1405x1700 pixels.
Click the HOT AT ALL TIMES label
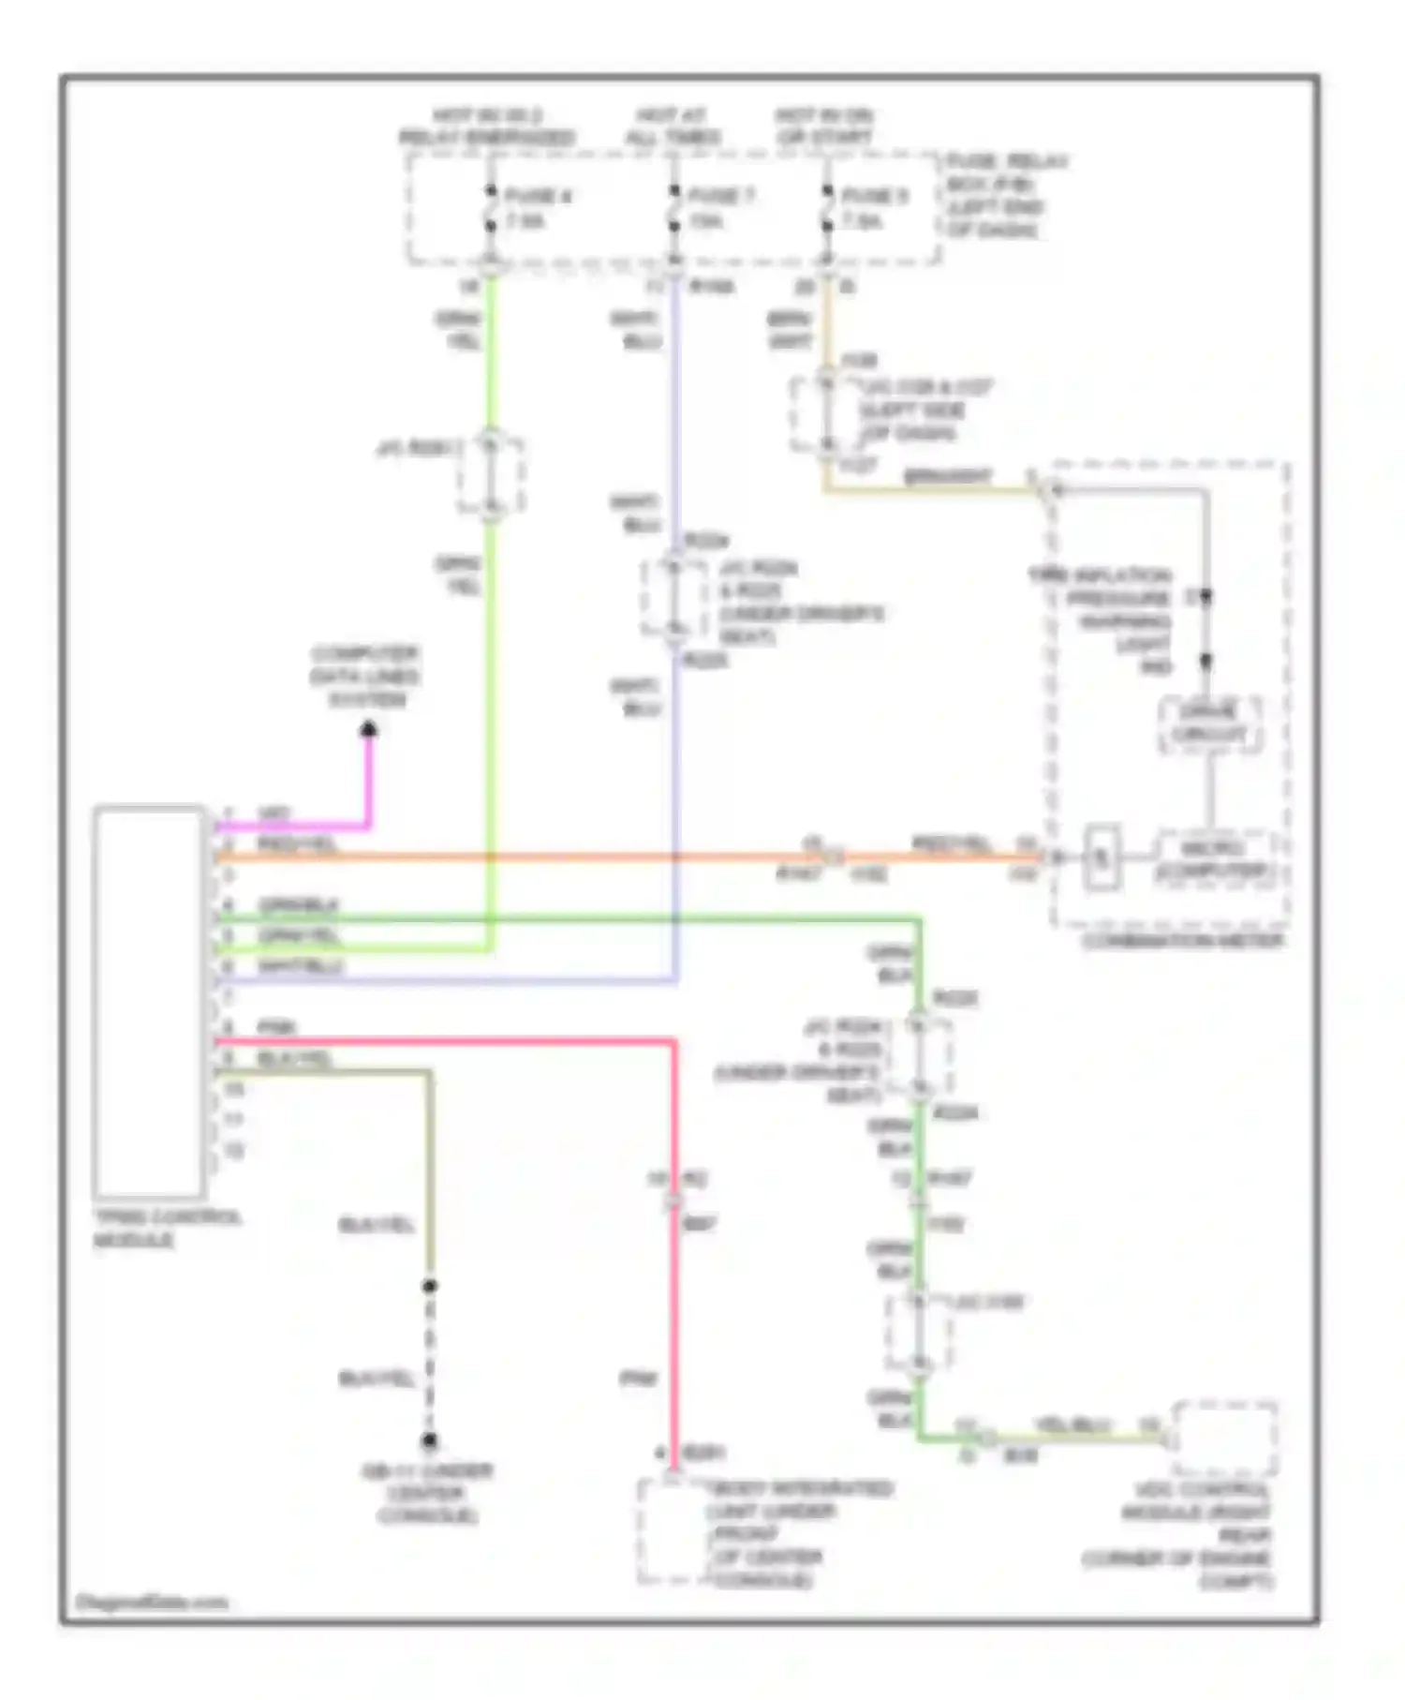(673, 127)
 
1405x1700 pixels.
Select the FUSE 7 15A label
(719, 208)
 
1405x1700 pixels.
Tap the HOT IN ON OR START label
(824, 127)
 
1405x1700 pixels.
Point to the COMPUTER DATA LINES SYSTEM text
(364, 677)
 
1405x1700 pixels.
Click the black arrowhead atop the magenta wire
(369, 729)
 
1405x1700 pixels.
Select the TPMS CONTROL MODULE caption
(166, 1228)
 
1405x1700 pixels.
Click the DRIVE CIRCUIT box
(1209, 723)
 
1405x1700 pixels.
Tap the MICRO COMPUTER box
(1213, 860)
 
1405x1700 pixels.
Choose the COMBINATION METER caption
(1183, 941)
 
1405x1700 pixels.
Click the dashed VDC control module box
(1225, 1438)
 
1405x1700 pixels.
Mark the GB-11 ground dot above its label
(429, 1440)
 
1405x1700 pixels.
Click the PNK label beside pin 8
(276, 1027)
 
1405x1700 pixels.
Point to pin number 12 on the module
(233, 1150)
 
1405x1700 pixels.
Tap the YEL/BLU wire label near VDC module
(1072, 1424)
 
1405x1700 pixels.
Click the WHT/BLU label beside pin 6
(301, 965)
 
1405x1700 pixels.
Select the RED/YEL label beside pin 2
(297, 844)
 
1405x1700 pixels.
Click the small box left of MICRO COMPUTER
(1102, 857)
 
